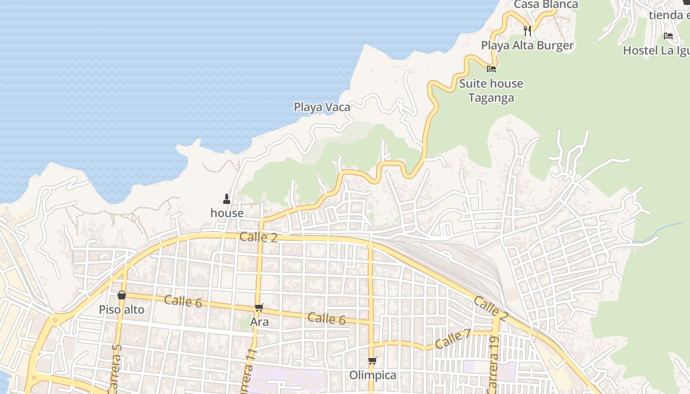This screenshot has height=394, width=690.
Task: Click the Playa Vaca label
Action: coord(322,107)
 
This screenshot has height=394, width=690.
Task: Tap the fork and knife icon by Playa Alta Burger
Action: coord(527,31)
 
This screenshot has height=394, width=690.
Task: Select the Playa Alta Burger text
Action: coord(527,46)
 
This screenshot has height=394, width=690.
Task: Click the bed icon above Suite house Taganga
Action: coord(491,69)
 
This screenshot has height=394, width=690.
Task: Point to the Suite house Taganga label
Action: coord(491,91)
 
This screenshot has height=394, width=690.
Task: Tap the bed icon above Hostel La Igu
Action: coord(668,36)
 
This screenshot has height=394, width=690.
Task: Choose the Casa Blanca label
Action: coord(546,5)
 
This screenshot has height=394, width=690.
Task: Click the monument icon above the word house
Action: coord(227,199)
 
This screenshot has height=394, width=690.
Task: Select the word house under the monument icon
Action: coord(227,213)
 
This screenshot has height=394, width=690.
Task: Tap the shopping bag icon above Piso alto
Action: coord(122,295)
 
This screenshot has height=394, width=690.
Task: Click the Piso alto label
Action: coord(122,310)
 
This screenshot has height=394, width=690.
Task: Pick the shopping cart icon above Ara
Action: coord(259,308)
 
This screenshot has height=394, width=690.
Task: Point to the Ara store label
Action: coord(259,322)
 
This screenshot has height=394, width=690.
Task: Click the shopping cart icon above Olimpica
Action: coord(373,361)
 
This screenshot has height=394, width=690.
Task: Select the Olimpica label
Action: coord(373,375)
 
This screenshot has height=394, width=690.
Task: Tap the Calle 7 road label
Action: coord(453,339)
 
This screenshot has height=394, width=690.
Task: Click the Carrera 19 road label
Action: coord(494,364)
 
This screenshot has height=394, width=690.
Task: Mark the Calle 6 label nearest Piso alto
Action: coord(183,301)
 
